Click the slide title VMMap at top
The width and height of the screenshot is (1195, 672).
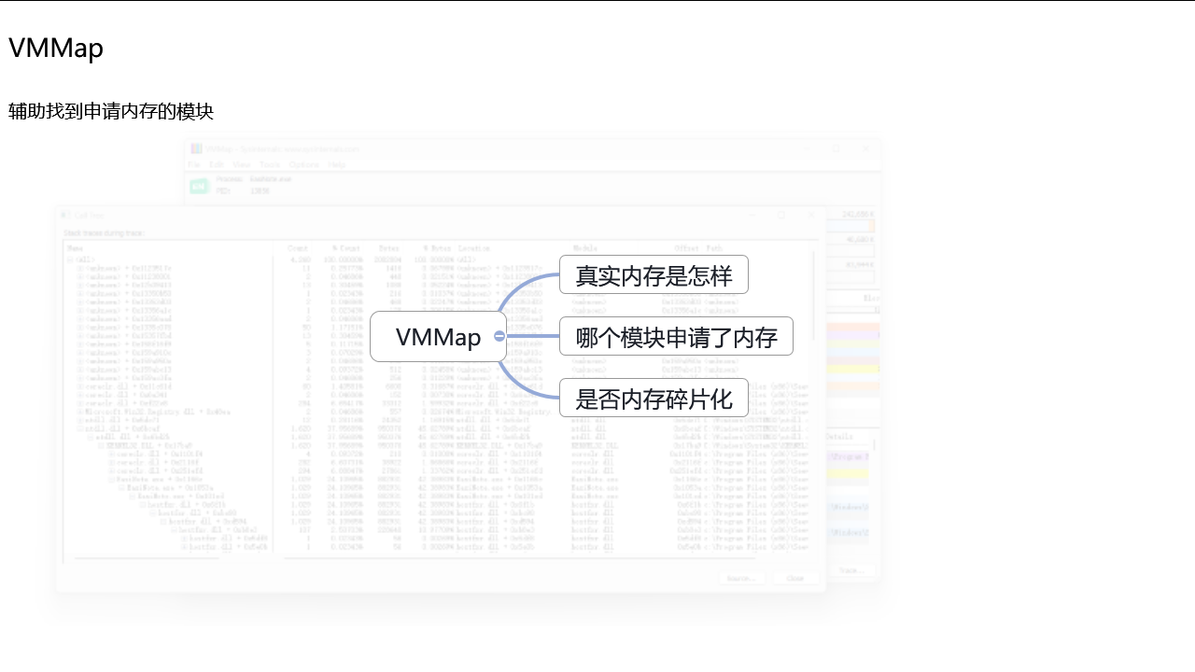(56, 49)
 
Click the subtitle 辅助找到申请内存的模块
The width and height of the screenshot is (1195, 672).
(111, 112)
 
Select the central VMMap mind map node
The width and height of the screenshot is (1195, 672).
(437, 337)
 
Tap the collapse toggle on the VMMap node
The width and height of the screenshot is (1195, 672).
(499, 336)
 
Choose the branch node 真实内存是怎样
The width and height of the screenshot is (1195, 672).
(654, 275)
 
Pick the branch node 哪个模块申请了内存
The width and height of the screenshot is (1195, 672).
(676, 337)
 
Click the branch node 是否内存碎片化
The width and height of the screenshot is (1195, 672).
(654, 399)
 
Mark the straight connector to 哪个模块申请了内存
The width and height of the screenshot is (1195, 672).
(533, 336)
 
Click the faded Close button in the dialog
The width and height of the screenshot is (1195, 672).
(795, 579)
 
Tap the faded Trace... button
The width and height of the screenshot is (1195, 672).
(851, 570)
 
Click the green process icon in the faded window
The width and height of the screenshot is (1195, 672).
(199, 186)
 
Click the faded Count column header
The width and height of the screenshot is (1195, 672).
(298, 248)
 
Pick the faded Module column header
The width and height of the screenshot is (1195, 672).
(585, 248)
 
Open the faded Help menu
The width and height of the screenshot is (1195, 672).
(337, 164)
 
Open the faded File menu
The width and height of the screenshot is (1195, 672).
(194, 164)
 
